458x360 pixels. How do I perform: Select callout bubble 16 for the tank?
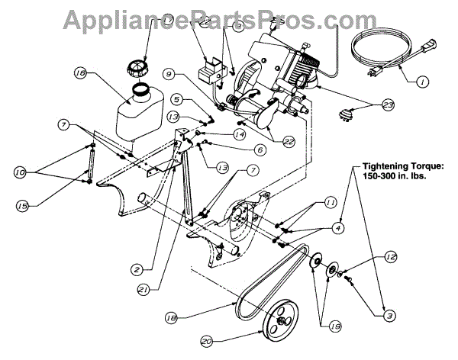tap(80, 74)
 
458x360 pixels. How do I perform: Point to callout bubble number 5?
tap(176, 99)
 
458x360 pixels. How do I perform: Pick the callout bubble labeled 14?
tap(239, 134)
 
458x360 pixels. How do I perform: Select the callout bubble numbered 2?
tap(136, 268)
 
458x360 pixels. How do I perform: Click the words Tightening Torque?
tap(404, 166)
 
